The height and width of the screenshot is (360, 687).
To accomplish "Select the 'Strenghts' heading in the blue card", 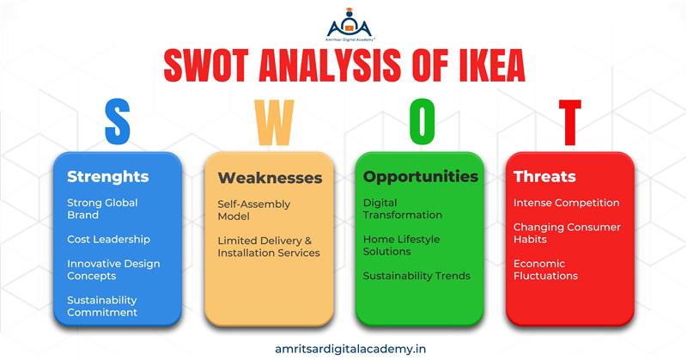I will [x=108, y=177].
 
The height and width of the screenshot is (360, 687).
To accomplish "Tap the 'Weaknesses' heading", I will [x=270, y=178].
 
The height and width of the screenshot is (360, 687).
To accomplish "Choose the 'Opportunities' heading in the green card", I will [x=421, y=176].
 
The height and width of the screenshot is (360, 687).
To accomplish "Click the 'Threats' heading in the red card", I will [x=544, y=177].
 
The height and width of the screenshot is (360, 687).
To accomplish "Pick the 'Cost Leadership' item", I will [x=109, y=239].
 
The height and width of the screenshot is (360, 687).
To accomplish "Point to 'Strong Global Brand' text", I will [x=102, y=209].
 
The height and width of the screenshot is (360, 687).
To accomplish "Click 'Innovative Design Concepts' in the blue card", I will [x=113, y=270].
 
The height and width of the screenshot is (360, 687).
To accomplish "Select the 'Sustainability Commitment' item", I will [x=102, y=306].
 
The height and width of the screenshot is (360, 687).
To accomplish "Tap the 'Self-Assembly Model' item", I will [x=253, y=210].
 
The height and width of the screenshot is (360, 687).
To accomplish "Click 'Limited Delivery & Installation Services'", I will [x=268, y=246].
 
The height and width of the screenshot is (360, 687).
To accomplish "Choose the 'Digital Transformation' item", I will [x=403, y=209].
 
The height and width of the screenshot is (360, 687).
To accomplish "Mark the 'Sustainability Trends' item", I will [x=416, y=276].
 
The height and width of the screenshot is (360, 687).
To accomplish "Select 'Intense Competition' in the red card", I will [x=566, y=203].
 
